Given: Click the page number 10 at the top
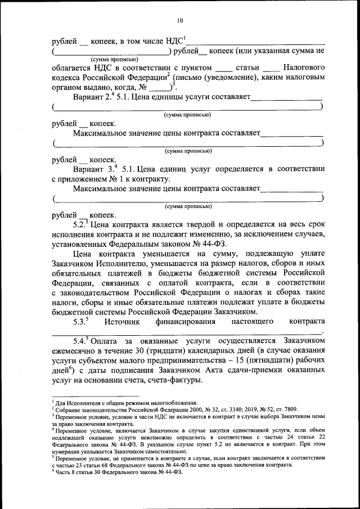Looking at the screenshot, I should pos(180,21).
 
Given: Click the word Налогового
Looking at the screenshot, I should pos(303,67).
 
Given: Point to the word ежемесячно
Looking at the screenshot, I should pos(75,352).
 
